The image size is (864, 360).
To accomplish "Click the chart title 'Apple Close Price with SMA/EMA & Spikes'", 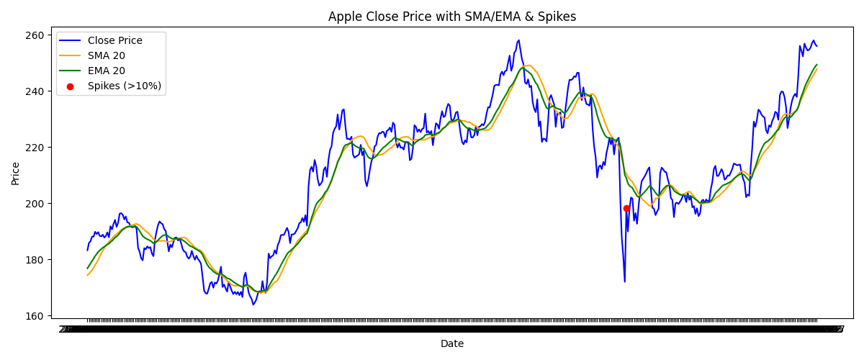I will click(x=452, y=17).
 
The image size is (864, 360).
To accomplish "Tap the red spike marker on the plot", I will click(x=626, y=208).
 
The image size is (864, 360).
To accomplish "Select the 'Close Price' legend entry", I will click(x=115, y=40).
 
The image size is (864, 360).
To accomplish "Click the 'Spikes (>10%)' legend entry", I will click(x=125, y=86).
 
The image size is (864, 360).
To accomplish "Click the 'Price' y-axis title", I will click(x=16, y=173).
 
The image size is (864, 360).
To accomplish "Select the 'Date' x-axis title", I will click(x=452, y=344).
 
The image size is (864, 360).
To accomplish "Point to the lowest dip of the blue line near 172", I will click(x=624, y=282).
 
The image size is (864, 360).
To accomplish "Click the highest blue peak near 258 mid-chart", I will click(x=518, y=40).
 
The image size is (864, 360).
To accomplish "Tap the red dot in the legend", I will click(x=71, y=86).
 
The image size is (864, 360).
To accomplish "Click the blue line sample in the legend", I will click(x=71, y=40).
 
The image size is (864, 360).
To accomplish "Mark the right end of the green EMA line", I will click(x=816, y=65).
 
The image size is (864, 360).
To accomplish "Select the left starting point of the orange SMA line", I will click(x=87, y=275).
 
